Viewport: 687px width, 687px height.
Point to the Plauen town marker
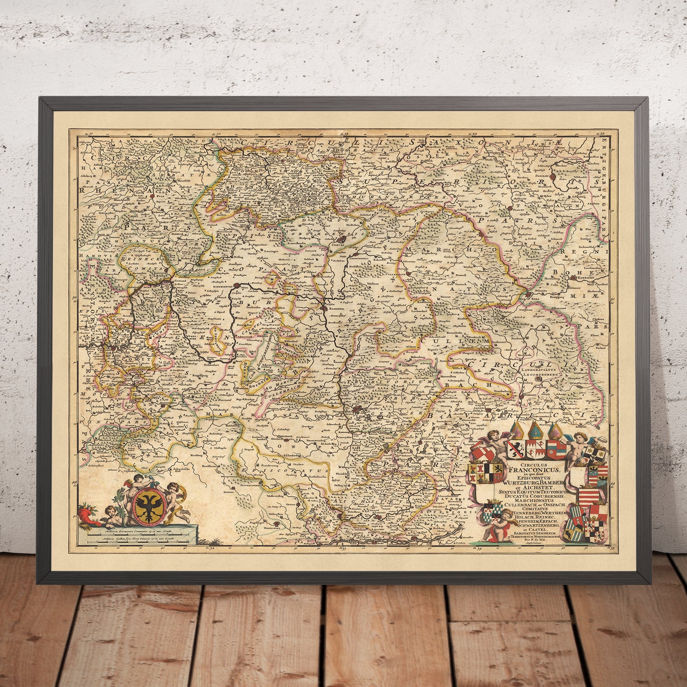(x=510, y=208)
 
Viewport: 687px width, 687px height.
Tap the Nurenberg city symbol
(x=358, y=411)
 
